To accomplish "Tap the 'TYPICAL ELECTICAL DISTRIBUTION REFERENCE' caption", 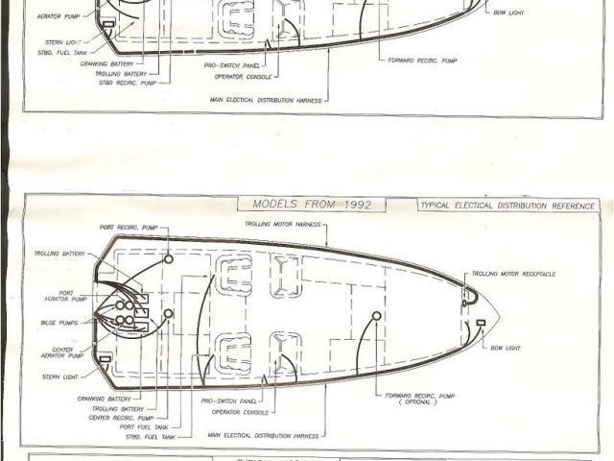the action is pyautogui.click(x=508, y=206).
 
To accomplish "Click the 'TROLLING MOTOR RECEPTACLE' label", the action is pyautogui.click(x=513, y=274).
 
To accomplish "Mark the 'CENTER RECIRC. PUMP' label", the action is pyautogui.click(x=120, y=418).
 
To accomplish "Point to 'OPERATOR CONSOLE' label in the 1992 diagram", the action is pyautogui.click(x=240, y=411).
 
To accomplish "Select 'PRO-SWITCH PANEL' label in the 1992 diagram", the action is pyautogui.click(x=236, y=400).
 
